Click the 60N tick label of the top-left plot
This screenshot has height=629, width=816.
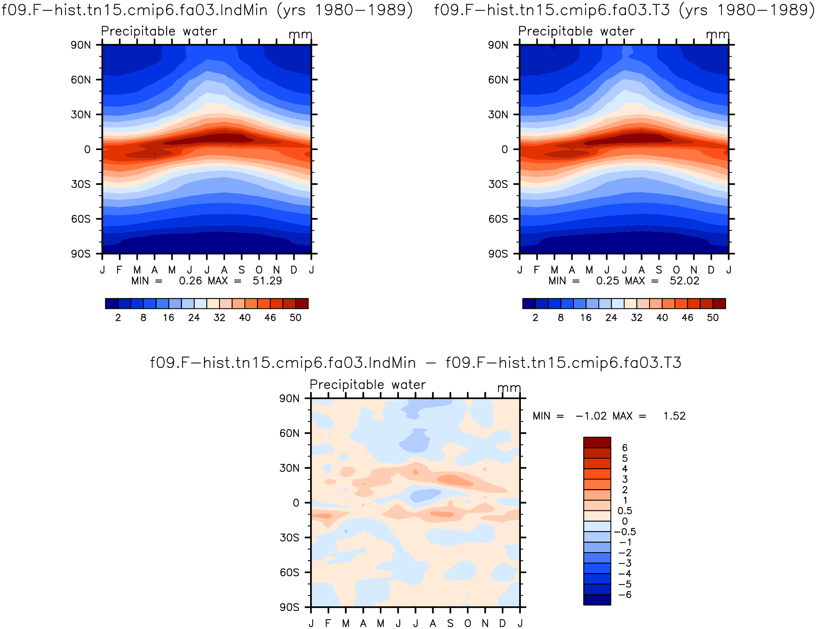pyautogui.click(x=81, y=80)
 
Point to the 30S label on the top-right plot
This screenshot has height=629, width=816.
pyautogui.click(x=498, y=184)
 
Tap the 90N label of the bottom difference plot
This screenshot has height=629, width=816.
pyautogui.click(x=290, y=399)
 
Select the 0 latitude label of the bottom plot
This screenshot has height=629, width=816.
pyautogui.click(x=296, y=503)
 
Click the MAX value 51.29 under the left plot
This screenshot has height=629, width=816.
pyautogui.click(x=267, y=281)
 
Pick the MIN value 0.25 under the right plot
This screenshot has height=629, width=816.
pyautogui.click(x=608, y=281)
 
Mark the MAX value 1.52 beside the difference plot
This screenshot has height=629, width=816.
pyautogui.click(x=674, y=416)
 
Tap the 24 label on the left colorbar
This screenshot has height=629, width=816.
pyautogui.click(x=194, y=318)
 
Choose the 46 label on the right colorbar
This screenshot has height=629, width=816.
pyautogui.click(x=687, y=318)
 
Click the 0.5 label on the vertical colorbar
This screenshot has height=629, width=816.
pyautogui.click(x=625, y=511)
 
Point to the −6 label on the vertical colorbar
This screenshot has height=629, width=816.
pyautogui.click(x=625, y=594)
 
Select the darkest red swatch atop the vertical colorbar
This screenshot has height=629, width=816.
pyautogui.click(x=597, y=442)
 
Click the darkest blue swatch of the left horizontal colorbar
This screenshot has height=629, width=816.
pyautogui.click(x=112, y=304)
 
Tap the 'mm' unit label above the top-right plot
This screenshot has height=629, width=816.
pyautogui.click(x=718, y=35)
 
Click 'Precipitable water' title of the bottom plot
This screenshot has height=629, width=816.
pyautogui.click(x=368, y=385)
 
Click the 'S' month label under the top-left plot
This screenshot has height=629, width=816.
pyautogui.click(x=242, y=270)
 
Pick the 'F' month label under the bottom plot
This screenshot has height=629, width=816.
pyautogui.click(x=328, y=623)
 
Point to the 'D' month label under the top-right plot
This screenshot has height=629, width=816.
pyautogui.click(x=711, y=270)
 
